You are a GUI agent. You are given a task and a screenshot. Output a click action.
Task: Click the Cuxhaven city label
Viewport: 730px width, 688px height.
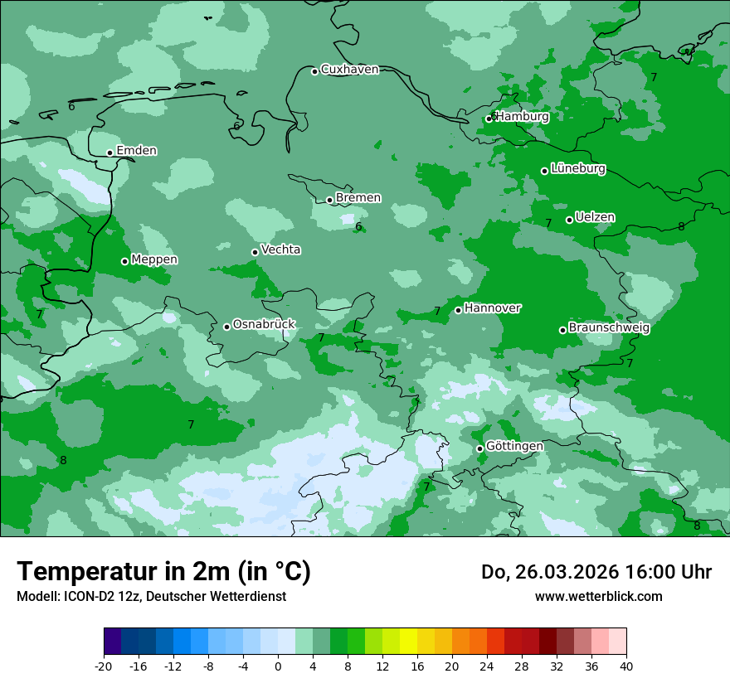349,70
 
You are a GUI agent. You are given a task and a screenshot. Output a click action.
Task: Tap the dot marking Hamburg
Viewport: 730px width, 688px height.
489,119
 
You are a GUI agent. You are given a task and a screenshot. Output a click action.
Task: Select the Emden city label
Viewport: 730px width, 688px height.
136,151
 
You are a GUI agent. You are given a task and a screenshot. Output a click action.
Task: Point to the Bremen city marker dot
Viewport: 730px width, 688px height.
329,200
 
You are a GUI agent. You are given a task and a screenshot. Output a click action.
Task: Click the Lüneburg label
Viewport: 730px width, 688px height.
577,169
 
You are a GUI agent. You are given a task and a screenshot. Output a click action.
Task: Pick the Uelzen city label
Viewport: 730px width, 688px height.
595,218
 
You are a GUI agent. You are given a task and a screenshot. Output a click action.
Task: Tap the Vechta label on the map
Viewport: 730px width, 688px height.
280,250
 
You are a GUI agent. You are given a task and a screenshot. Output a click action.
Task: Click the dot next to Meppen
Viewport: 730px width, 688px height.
124,261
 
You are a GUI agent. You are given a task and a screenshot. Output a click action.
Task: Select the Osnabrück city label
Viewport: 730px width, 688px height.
263,325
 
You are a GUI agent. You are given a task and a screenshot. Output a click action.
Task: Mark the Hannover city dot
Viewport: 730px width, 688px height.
458,310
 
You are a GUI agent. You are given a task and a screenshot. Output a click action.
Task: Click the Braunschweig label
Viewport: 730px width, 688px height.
609,328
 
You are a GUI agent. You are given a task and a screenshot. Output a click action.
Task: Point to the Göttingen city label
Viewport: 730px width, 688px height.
514,447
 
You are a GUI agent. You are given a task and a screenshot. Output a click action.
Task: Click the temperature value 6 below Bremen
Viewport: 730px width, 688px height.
358,227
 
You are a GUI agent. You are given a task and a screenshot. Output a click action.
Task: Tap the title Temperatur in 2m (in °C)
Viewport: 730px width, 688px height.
163,572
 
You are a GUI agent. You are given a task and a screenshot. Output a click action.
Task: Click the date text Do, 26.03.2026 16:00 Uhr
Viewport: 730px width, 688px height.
596,572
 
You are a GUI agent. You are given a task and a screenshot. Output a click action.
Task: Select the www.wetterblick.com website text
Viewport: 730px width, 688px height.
598,596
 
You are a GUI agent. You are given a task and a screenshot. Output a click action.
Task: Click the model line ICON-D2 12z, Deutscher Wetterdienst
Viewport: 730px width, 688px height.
151,596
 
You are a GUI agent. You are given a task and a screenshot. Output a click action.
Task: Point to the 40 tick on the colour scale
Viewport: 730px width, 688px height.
626,666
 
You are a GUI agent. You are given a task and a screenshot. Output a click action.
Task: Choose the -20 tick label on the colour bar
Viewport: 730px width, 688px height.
104,666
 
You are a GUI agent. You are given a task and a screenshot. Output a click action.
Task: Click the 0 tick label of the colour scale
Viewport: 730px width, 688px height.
278,666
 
